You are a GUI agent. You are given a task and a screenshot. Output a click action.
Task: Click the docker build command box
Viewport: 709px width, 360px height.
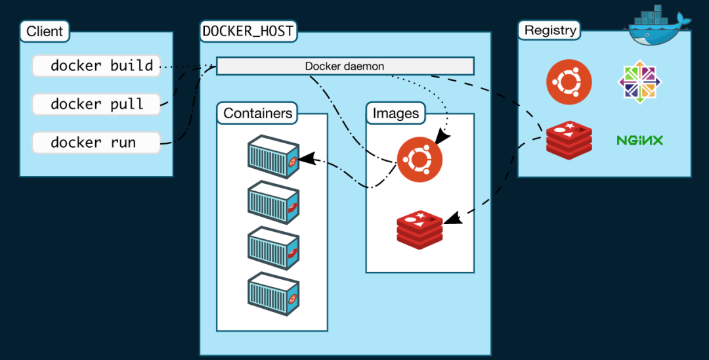coord(96,66)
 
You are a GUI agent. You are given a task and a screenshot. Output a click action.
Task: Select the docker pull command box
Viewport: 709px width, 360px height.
coord(96,104)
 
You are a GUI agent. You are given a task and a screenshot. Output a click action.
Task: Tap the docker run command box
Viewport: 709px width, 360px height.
coord(96,143)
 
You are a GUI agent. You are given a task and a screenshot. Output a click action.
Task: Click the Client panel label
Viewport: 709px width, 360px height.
coord(45,31)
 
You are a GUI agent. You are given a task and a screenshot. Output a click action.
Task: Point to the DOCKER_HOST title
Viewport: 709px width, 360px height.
coord(247,30)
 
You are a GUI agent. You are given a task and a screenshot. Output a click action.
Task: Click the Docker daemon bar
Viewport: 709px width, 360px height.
coord(345,66)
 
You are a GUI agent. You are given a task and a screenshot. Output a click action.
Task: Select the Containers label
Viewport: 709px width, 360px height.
coord(257,113)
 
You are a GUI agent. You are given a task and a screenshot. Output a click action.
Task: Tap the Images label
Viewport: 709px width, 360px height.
coord(395,113)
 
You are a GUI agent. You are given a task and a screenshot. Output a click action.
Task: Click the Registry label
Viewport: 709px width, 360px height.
coord(550,30)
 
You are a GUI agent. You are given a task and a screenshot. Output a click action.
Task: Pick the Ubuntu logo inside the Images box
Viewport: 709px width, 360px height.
coord(419,159)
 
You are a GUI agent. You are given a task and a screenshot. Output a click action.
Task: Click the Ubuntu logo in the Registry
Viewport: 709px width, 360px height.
coord(569,83)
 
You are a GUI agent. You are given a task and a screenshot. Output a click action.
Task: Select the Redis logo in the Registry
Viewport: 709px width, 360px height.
coord(569,139)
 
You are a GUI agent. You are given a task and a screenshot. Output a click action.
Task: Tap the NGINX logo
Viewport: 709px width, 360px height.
coord(639,140)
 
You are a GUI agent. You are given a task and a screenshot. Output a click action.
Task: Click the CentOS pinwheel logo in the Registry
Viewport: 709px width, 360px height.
coord(640,83)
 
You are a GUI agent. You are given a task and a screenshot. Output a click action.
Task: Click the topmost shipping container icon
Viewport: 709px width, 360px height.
coord(273,157)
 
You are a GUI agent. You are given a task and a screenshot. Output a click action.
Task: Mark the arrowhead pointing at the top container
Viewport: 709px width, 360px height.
coord(304,159)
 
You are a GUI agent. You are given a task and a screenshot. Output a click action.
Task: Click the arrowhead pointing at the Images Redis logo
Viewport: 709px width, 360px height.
coord(452,218)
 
